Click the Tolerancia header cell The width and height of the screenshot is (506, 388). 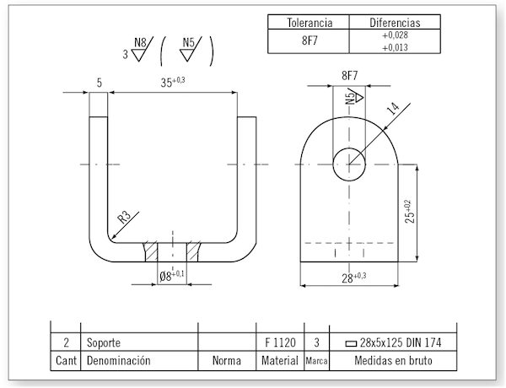[x=310, y=23]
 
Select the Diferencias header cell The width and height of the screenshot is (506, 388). [x=395, y=23]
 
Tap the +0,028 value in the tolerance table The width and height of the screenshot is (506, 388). [x=395, y=35]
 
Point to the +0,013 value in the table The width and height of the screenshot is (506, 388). [x=395, y=47]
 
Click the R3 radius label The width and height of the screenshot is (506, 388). [x=124, y=217]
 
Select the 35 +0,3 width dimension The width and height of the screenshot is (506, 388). [x=173, y=82]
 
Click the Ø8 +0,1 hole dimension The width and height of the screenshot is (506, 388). [x=172, y=275]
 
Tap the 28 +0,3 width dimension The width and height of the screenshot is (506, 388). [x=354, y=278]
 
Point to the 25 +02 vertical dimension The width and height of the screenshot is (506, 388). [x=410, y=212]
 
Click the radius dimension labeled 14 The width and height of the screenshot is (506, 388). [x=393, y=109]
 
